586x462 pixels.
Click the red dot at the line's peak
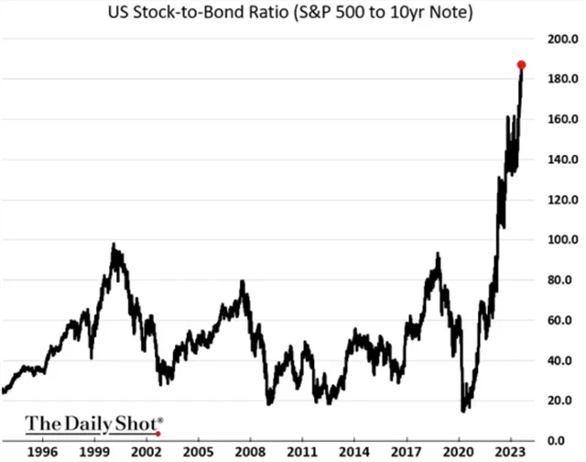[x=521, y=65]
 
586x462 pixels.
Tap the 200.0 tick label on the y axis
[x=559, y=39]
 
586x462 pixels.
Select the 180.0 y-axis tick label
[x=559, y=80]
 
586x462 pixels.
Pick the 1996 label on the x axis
[x=43, y=453]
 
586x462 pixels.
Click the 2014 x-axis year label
[x=355, y=453]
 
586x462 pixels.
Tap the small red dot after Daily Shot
[x=159, y=433]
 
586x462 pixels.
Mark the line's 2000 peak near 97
[x=114, y=245]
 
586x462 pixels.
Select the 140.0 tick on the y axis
[x=559, y=159]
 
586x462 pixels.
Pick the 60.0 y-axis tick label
[x=559, y=320]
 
